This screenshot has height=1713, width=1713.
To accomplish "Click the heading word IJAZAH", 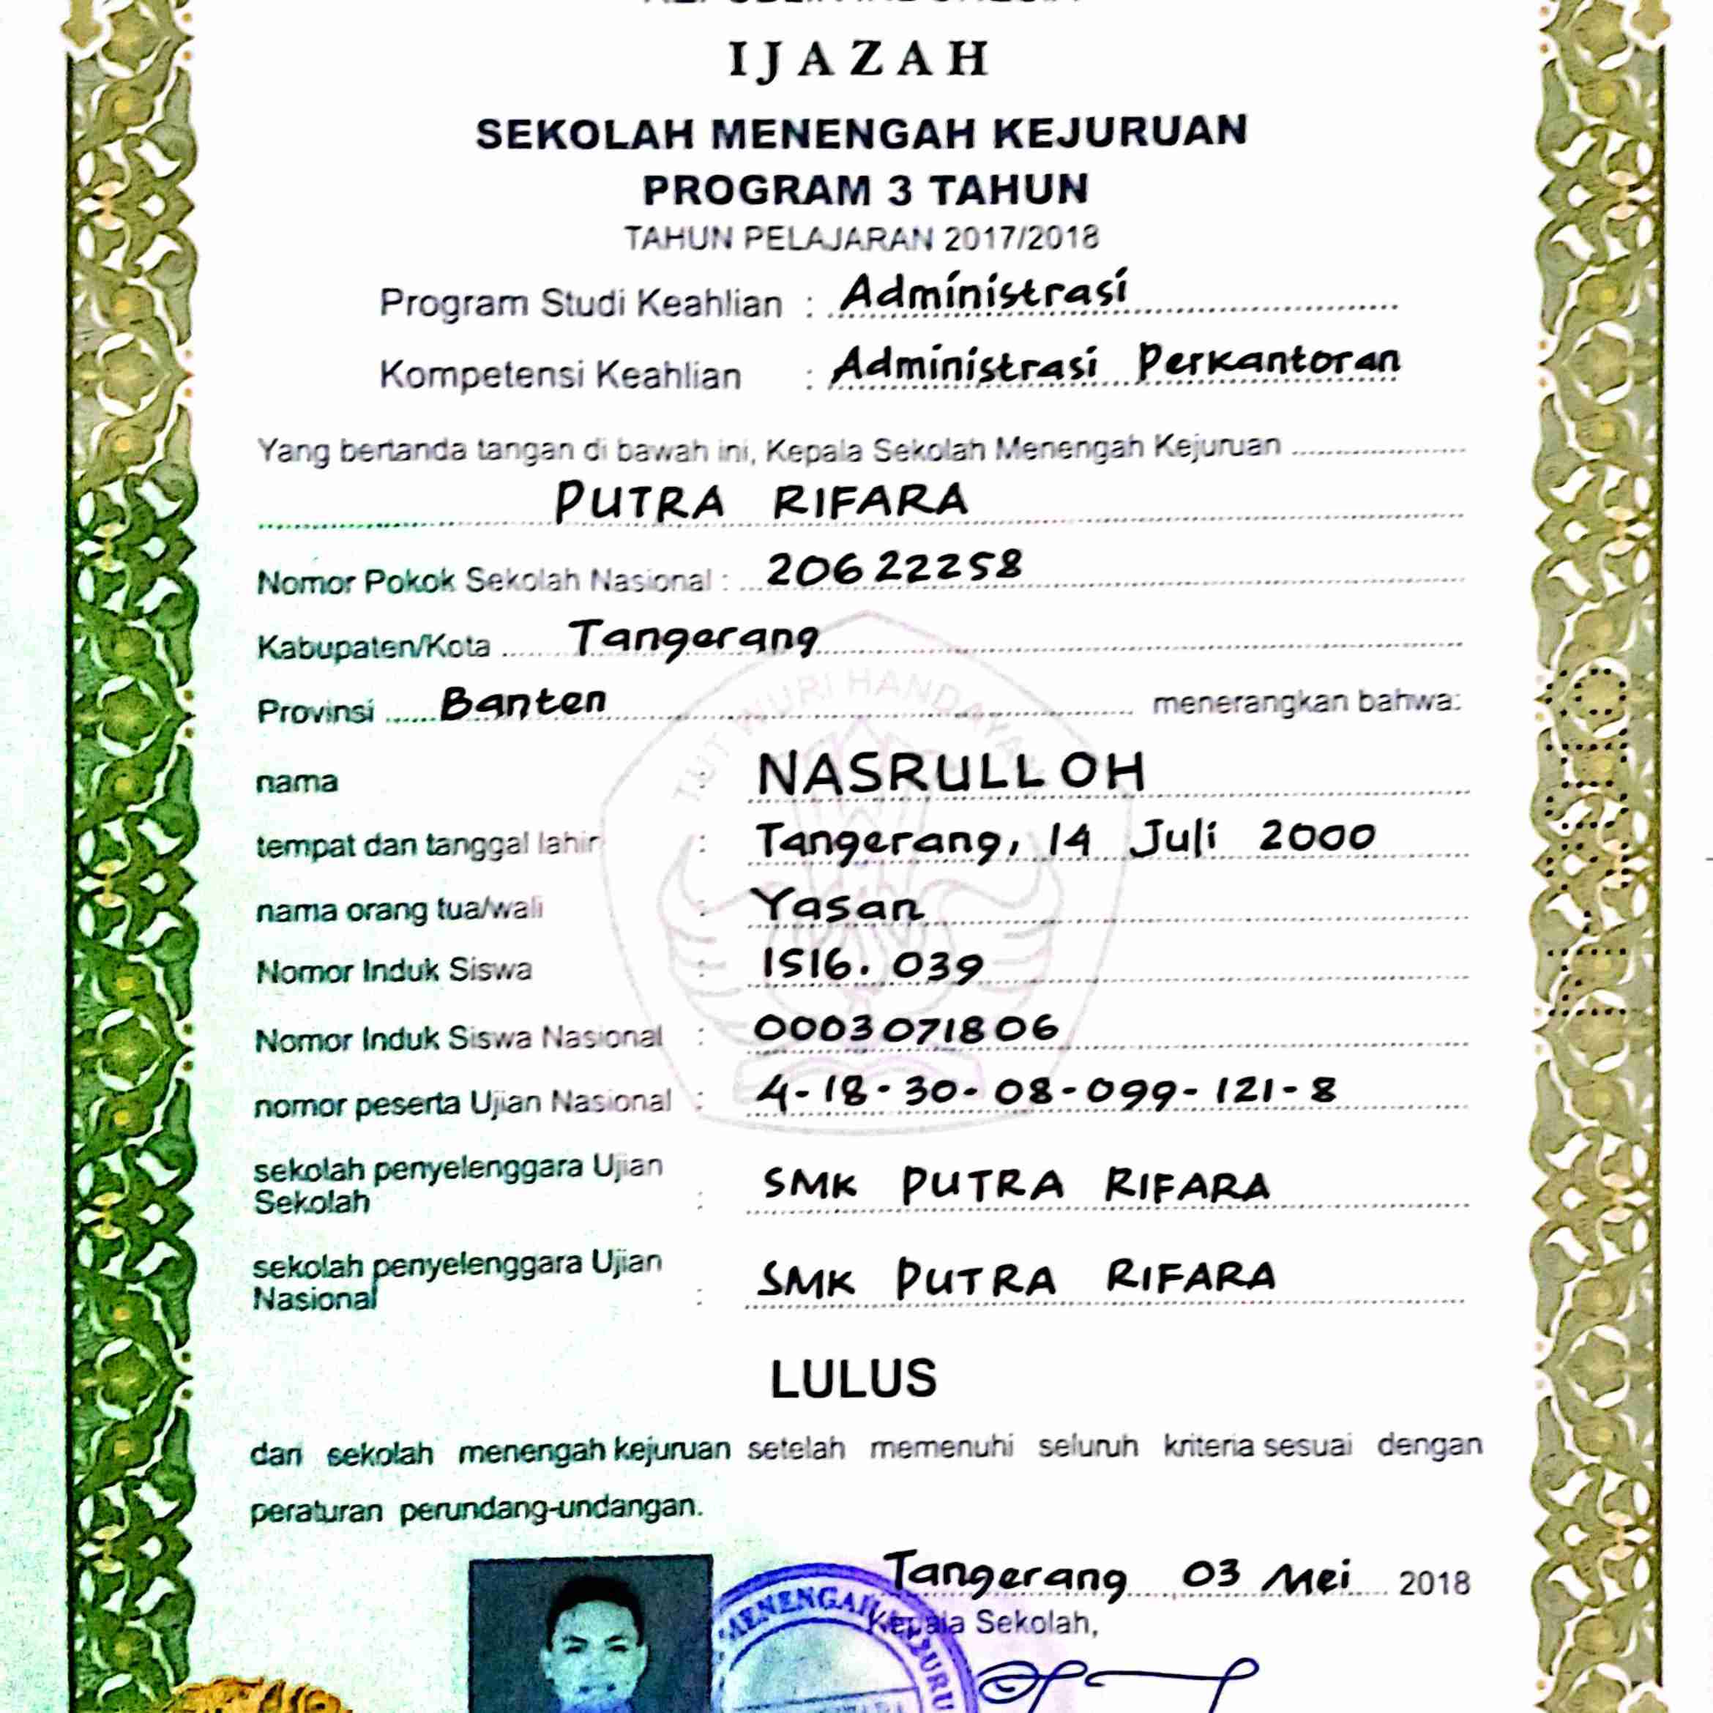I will [x=858, y=59].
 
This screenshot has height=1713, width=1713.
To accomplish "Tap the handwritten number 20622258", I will [x=894, y=567].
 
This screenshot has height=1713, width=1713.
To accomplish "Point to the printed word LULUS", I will [x=853, y=1380].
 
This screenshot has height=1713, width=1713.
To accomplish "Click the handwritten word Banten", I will [x=523, y=702].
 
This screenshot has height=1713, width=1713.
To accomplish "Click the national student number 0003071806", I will [x=907, y=1029].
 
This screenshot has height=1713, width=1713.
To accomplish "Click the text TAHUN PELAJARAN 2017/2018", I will [x=861, y=239].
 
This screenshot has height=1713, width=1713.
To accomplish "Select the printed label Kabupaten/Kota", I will [x=373, y=646].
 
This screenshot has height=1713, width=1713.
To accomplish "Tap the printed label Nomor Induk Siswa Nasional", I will [x=458, y=1038].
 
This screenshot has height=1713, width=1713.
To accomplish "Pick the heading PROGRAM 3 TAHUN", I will [x=865, y=190].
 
